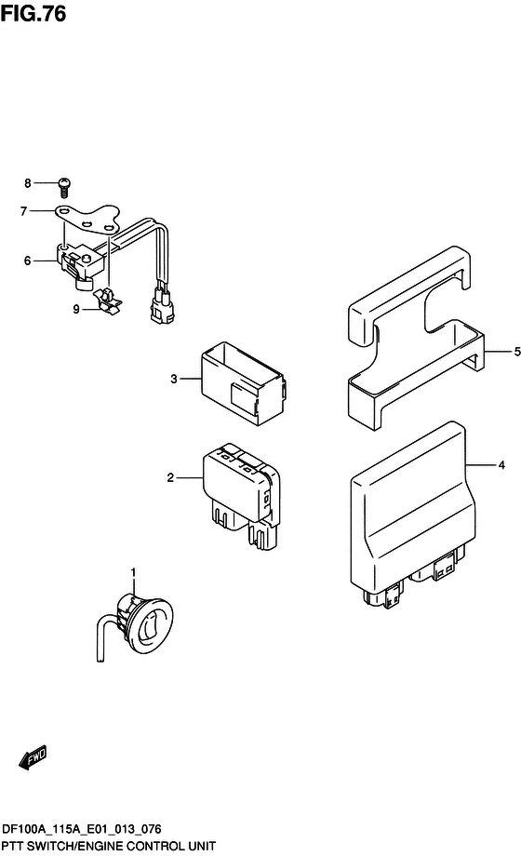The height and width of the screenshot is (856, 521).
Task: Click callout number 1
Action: click(133, 571)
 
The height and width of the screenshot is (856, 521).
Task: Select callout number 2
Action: click(170, 477)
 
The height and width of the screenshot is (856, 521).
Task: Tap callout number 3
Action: click(173, 379)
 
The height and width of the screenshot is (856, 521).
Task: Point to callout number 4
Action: click(501, 462)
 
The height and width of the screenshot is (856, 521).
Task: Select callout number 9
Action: click(76, 310)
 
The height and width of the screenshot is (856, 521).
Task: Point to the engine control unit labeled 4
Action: click(409, 521)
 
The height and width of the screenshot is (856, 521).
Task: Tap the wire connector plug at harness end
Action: click(160, 308)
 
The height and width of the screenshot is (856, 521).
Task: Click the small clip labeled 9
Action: click(108, 299)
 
